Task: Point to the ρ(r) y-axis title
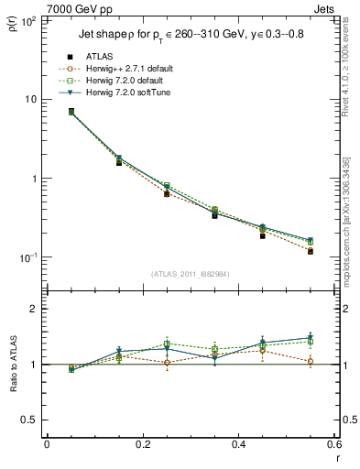(x=12, y=25)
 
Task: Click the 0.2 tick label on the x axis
(x=142, y=445)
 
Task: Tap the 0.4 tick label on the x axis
(x=238, y=445)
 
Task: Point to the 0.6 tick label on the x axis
(x=334, y=445)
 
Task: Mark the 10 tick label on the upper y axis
(x=30, y=99)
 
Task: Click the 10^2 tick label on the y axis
(x=29, y=19)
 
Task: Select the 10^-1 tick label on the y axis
(x=28, y=257)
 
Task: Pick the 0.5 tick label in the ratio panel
(x=28, y=420)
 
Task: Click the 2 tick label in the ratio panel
(x=33, y=310)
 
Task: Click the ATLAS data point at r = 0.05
(x=71, y=112)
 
